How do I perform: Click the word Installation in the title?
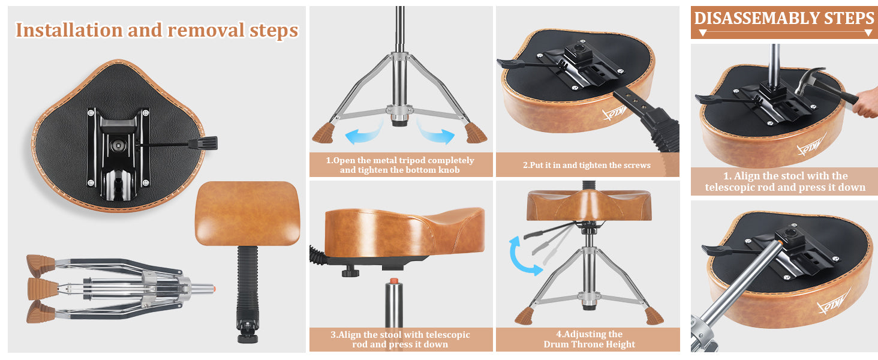[x=68, y=30]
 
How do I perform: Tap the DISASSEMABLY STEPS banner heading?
[x=784, y=19]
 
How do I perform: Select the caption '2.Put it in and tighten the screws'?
[x=587, y=165]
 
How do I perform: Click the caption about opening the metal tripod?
[x=400, y=165]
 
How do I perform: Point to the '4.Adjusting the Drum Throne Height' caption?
[x=589, y=339]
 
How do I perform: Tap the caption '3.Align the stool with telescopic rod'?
[x=400, y=339]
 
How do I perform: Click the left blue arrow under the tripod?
[x=364, y=133]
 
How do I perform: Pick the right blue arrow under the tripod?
[x=435, y=133]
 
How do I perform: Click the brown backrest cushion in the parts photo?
[x=248, y=214]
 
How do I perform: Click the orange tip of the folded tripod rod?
[x=214, y=289]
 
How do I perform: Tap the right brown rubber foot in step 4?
[x=654, y=316]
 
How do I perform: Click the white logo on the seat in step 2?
[x=615, y=114]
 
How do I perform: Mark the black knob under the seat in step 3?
[x=350, y=271]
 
